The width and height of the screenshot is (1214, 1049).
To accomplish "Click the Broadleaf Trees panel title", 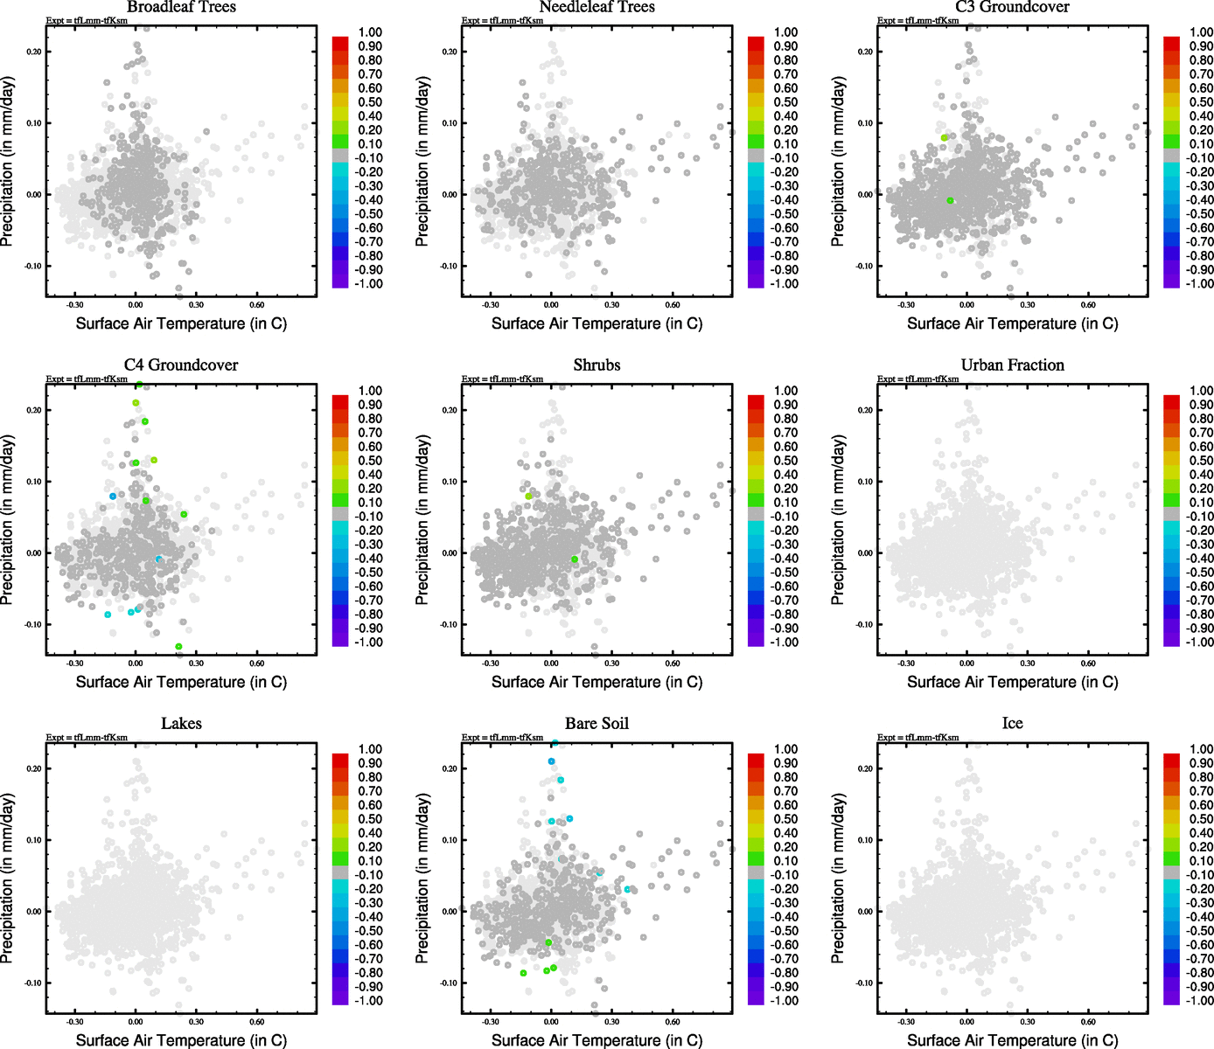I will tap(181, 7).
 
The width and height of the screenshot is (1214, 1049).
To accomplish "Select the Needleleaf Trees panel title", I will tap(597, 7).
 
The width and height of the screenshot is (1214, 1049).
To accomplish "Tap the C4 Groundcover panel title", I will tap(181, 365).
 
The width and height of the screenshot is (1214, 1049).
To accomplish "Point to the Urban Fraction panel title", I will tap(1012, 365).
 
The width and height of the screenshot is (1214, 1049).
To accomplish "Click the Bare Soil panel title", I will tap(597, 724).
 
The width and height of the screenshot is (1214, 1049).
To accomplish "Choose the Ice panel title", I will tap(1012, 724).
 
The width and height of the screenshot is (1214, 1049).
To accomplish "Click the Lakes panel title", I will tap(181, 724).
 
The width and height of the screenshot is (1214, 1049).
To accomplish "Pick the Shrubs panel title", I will tap(597, 365).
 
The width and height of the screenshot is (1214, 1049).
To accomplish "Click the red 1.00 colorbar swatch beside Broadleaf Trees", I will tap(340, 42).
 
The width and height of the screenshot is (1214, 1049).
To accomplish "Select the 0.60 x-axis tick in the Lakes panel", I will tap(256, 1021).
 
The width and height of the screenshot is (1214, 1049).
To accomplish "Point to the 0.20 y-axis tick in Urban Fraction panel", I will tap(864, 410).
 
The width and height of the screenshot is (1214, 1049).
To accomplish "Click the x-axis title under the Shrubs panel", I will tap(597, 682).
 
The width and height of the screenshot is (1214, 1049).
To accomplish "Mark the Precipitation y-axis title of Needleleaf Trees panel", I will tap(423, 162).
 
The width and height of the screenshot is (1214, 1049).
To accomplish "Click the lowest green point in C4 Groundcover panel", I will tap(178, 647).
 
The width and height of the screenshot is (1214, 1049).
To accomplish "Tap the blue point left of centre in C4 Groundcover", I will tap(113, 497).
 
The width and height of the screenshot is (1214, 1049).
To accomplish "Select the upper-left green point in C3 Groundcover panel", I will tap(945, 138).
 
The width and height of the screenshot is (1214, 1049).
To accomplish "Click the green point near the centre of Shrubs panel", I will tap(575, 559).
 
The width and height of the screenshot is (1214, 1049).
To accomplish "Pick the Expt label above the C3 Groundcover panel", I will tap(917, 20).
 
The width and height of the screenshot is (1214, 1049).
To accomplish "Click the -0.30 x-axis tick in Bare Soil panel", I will tap(491, 1021).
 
